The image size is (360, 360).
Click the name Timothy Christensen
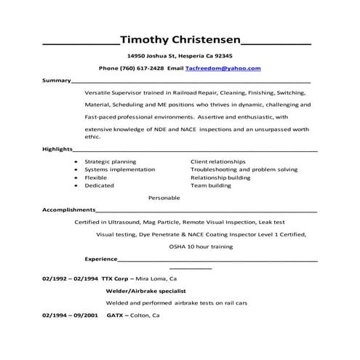(179, 39)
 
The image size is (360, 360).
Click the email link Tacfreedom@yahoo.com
(223, 68)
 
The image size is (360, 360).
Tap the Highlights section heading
(58, 148)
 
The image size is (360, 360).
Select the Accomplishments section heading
(71, 209)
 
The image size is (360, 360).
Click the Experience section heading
(101, 258)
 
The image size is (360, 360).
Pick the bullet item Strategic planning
(110, 161)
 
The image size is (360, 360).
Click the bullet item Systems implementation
(119, 169)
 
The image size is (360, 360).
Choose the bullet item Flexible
(96, 177)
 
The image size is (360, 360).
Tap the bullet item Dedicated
(99, 185)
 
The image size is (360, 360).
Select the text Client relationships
(218, 161)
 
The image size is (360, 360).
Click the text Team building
(210, 185)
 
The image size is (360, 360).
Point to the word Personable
(164, 197)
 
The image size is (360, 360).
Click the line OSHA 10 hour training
(201, 247)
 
